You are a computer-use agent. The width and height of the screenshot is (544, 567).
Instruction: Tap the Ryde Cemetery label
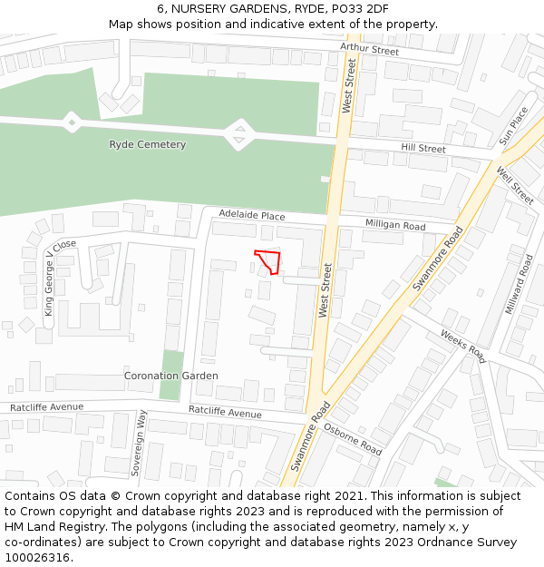pyautogui.click(x=148, y=145)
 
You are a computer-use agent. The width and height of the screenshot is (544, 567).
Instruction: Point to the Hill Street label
pyautogui.click(x=423, y=149)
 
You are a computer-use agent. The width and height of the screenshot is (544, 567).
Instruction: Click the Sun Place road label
pyautogui.click(x=513, y=126)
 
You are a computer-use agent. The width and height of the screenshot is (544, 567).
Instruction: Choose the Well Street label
pyautogui.click(x=515, y=182)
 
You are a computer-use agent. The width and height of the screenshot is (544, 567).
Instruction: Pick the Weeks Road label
pyautogui.click(x=463, y=346)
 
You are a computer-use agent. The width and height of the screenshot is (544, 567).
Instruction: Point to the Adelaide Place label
pyautogui.click(x=252, y=216)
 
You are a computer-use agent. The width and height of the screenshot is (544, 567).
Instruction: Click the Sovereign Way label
pyautogui.click(x=140, y=443)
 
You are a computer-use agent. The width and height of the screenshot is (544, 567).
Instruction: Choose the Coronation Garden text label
pyautogui.click(x=170, y=376)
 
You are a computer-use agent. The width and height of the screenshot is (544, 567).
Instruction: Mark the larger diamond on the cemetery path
pyautogui.click(x=239, y=135)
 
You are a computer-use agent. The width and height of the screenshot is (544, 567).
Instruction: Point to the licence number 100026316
pyautogui.click(x=37, y=557)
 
